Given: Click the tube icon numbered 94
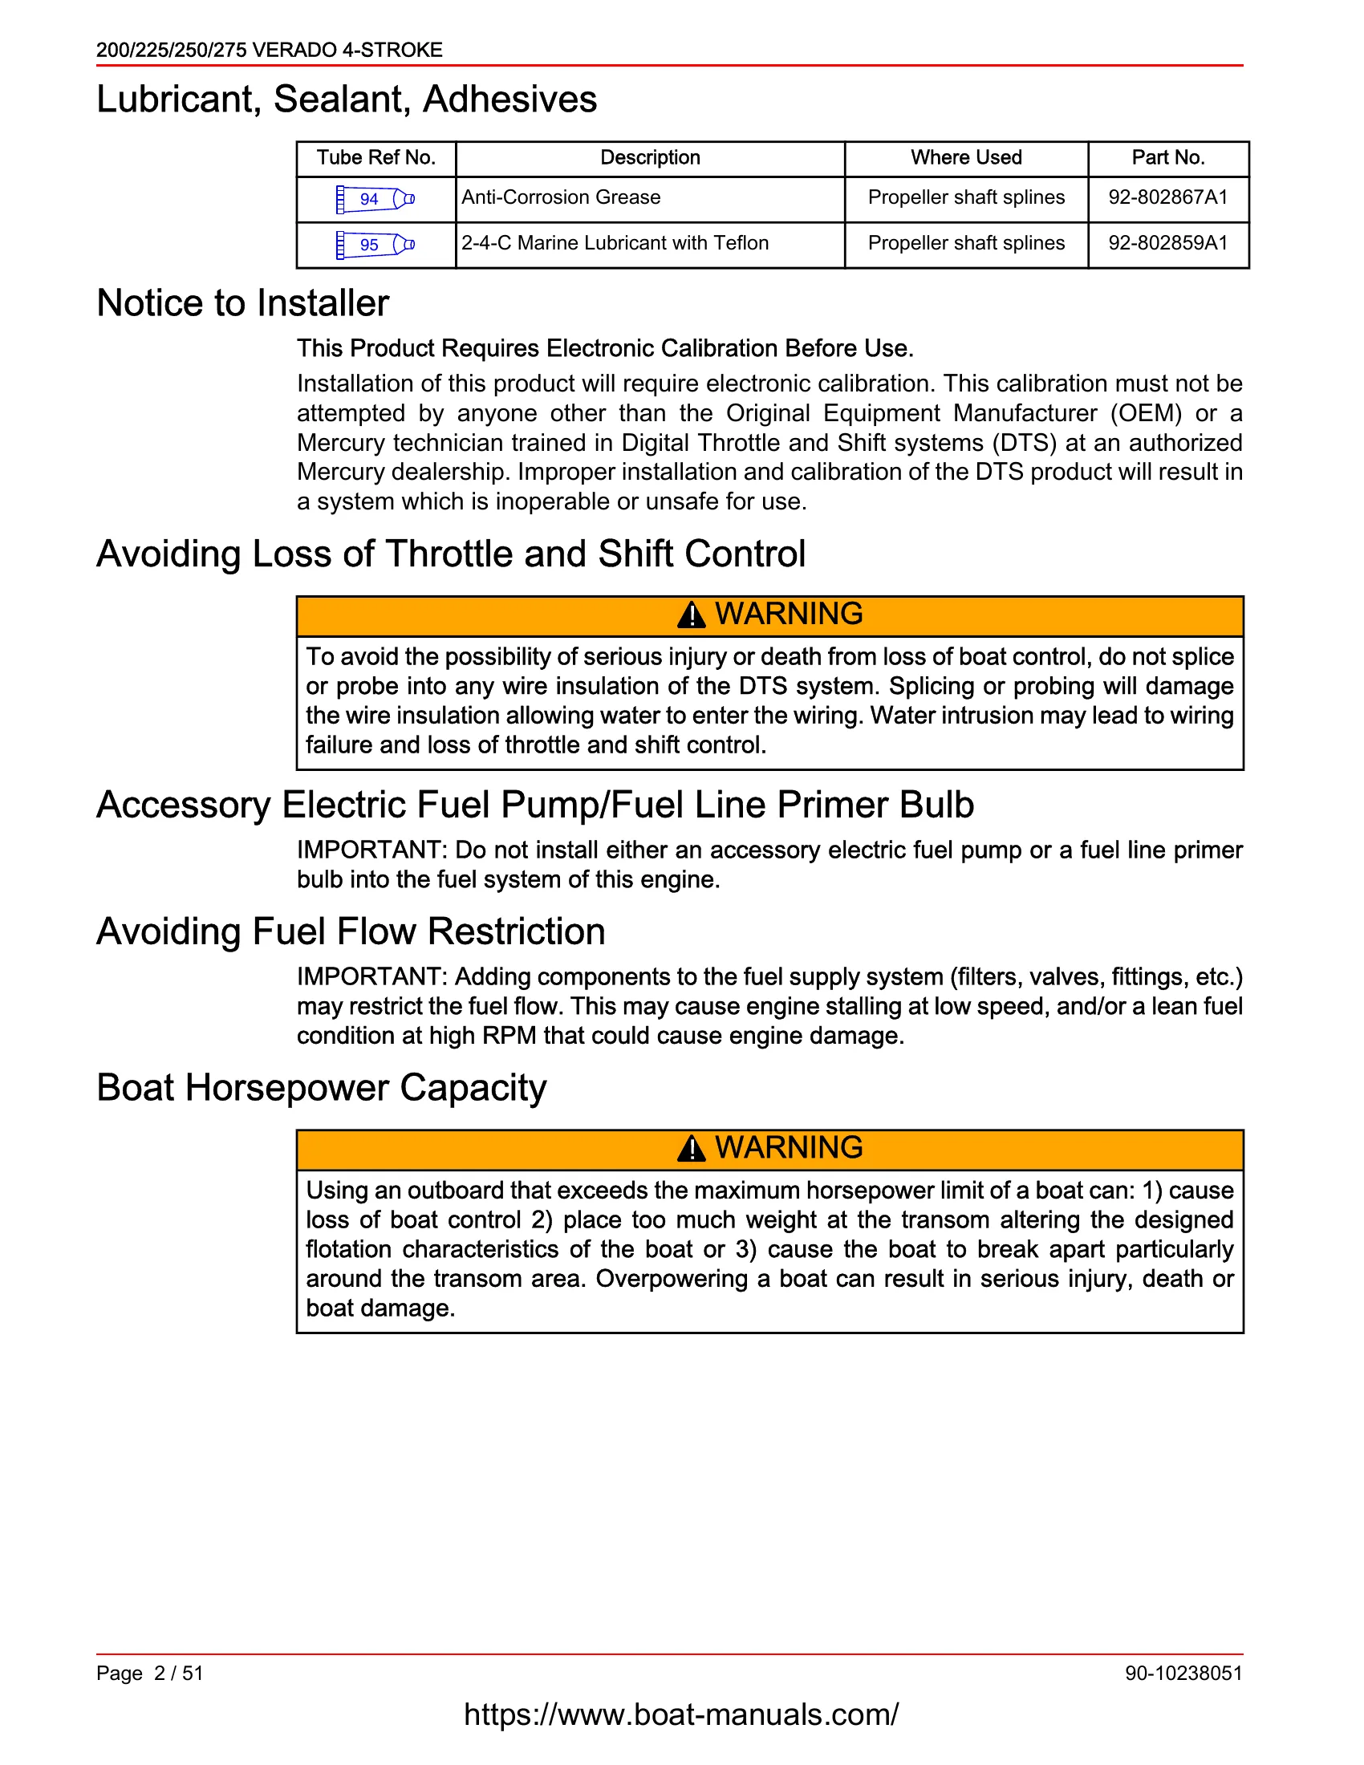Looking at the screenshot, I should [375, 199].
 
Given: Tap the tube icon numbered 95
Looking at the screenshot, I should [375, 245].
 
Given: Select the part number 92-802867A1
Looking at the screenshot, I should [1167, 197].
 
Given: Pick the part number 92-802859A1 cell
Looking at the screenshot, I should [1167, 243].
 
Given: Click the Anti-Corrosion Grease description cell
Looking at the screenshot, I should [561, 197].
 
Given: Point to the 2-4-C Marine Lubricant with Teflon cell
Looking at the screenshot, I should [614, 243].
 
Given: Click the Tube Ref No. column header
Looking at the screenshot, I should [376, 157].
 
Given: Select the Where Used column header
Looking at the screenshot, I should [965, 157].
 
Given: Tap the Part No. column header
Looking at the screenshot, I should [1167, 157].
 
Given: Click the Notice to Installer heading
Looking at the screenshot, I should [242, 304].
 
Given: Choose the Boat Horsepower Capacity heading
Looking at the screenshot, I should [321, 1088].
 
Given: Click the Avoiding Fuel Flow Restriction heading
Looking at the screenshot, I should [351, 931].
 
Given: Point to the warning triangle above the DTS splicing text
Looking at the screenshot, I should [691, 616].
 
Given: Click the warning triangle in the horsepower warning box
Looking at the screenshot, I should [691, 1149].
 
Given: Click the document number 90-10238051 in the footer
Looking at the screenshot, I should [1183, 1673].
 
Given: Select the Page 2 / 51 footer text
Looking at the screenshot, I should [149, 1673].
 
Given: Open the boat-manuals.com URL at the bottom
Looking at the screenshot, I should [680, 1715].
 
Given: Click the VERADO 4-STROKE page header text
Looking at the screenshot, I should [269, 50].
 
